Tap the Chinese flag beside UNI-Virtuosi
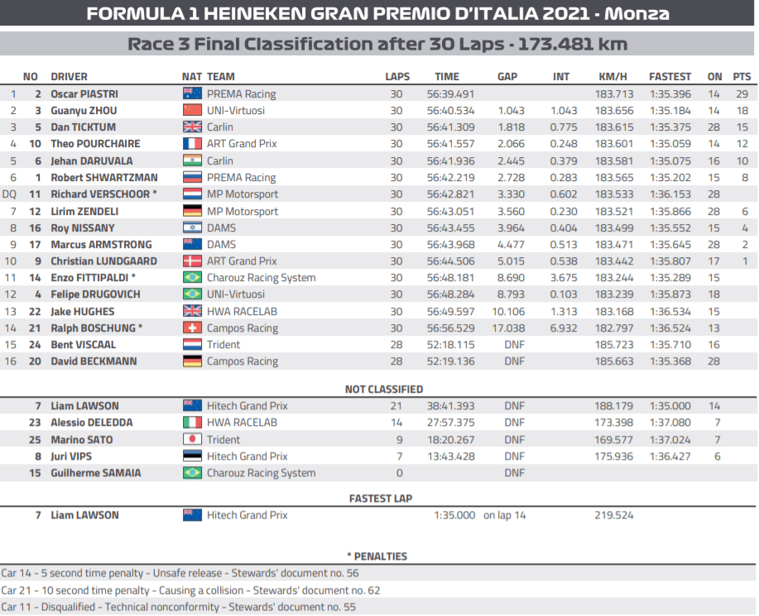[x=192, y=111]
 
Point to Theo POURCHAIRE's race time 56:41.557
[x=450, y=144]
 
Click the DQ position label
[x=10, y=194]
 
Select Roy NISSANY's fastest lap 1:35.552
[x=670, y=228]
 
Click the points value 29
[x=742, y=94]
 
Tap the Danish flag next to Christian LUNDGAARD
[x=192, y=261]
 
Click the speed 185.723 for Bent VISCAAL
[x=614, y=345]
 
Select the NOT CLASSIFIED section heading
[x=384, y=389]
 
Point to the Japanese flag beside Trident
[x=192, y=440]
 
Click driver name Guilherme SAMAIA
[x=96, y=473]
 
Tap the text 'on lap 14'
[x=505, y=515]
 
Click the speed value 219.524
[x=614, y=515]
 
